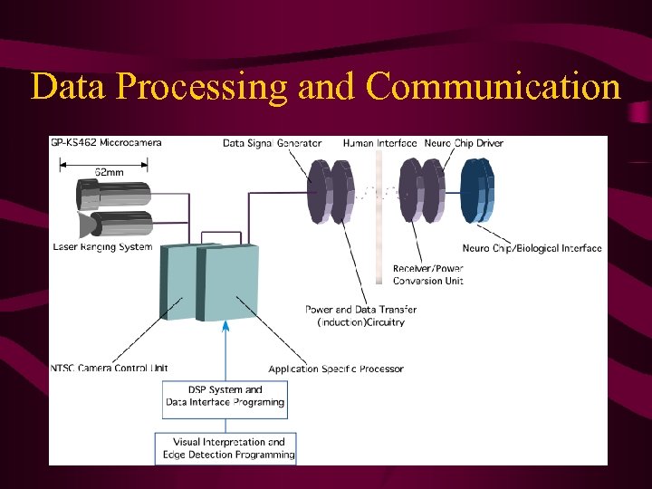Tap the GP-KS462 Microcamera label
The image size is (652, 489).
(106, 143)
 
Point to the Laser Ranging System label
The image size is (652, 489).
(103, 246)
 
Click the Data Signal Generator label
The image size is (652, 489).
(273, 143)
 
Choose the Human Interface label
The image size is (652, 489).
(379, 143)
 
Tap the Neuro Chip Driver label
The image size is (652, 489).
(463, 143)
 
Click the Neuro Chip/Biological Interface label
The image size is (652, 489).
(532, 248)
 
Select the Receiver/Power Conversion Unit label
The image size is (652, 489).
(428, 274)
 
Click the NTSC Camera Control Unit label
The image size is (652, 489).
(109, 368)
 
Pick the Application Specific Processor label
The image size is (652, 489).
(336, 369)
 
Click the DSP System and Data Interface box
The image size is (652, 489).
(225, 397)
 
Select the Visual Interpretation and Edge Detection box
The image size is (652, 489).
(225, 448)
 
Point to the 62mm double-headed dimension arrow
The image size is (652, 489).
(103, 165)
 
